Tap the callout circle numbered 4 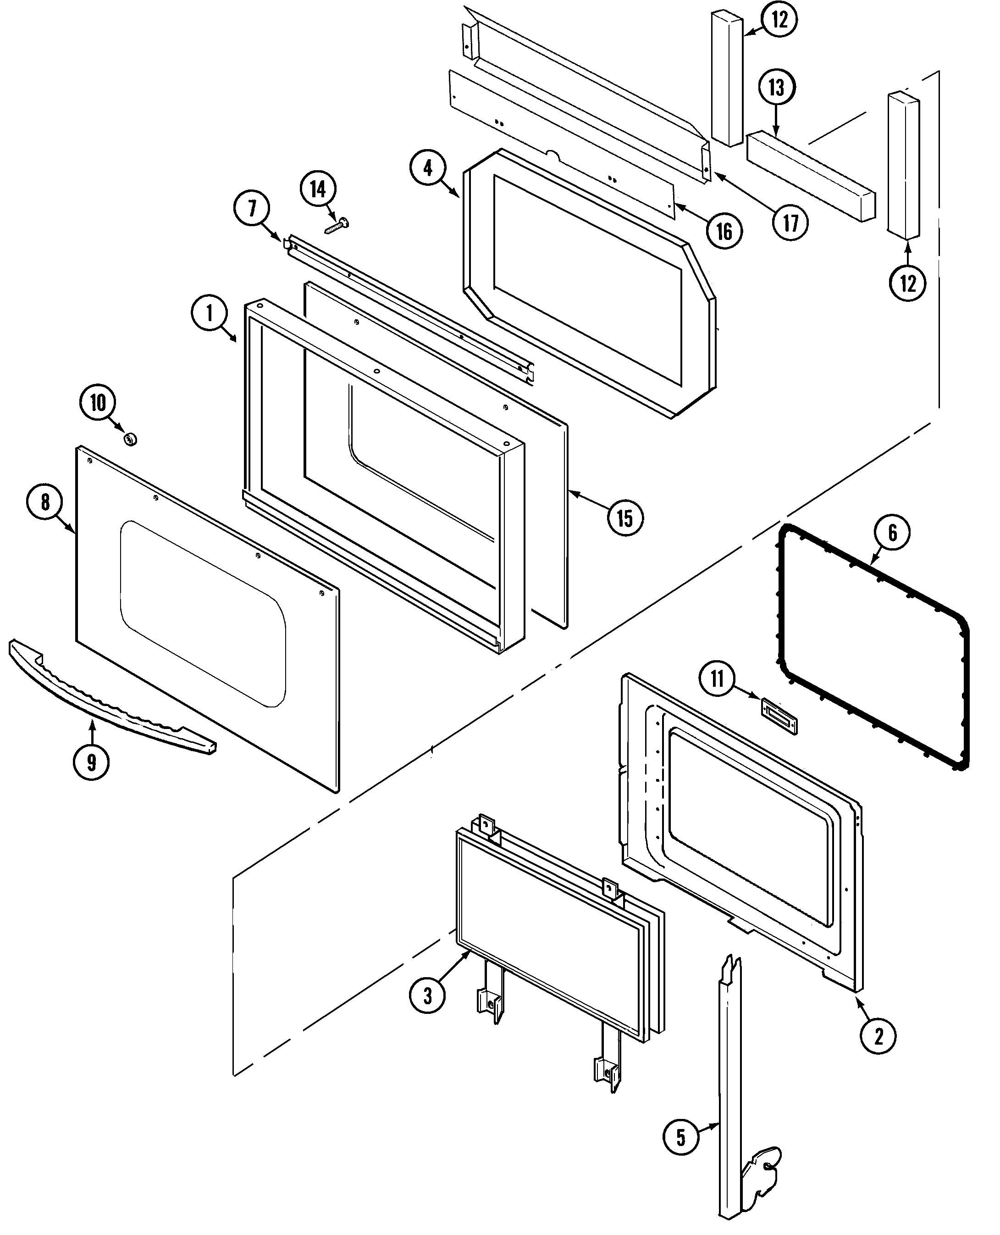click(427, 168)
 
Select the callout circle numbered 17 click(791, 223)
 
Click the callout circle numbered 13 click(776, 88)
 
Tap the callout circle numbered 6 click(892, 533)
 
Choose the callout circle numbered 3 click(427, 995)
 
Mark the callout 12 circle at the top click(779, 20)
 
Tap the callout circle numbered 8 click(45, 502)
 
